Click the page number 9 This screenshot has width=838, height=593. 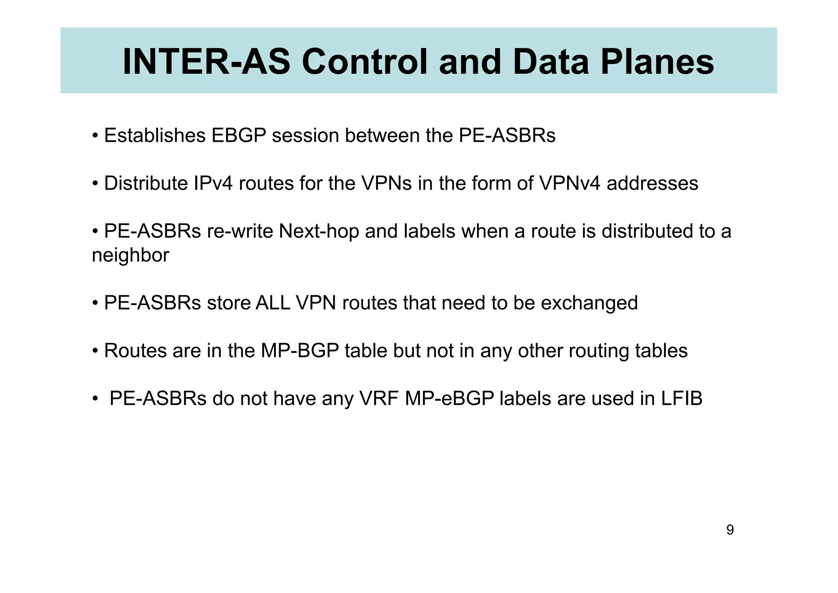730,530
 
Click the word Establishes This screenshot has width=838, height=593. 155,136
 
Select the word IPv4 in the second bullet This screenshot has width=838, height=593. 213,183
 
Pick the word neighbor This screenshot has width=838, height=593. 130,255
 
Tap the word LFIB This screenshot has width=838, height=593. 682,398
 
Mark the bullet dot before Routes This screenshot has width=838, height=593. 95,351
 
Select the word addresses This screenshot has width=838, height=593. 652,183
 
